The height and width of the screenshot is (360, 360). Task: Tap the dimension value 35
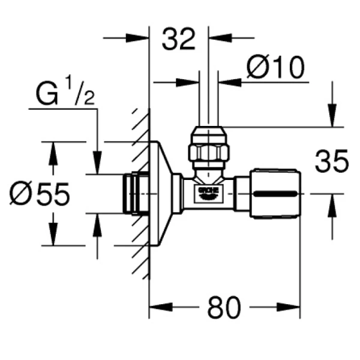click(x=331, y=161)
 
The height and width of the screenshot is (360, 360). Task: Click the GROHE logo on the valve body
click(x=208, y=193)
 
